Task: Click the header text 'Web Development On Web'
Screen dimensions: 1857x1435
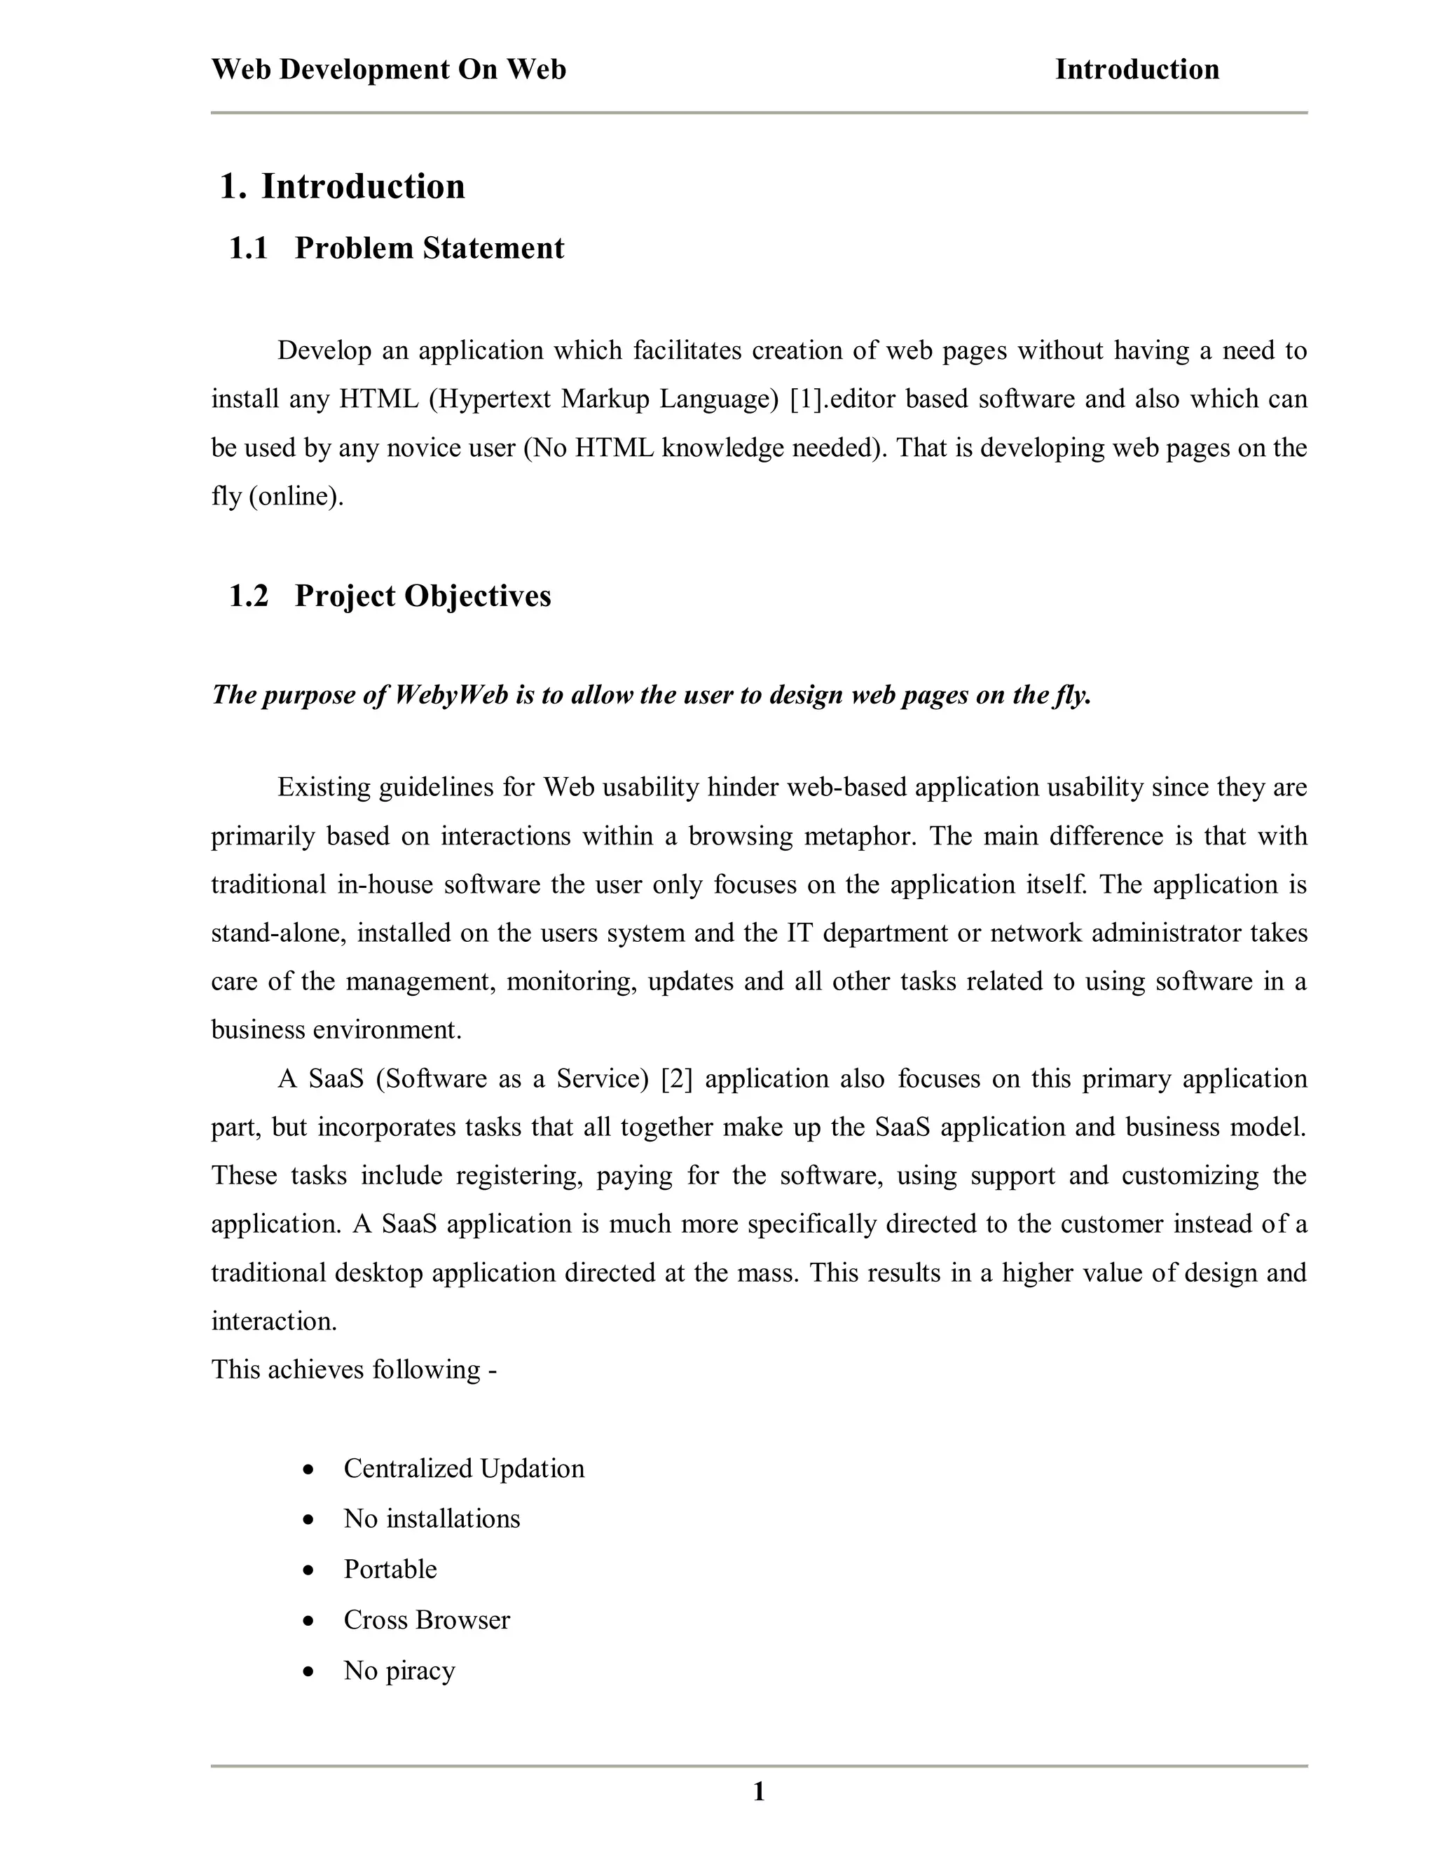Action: click(388, 69)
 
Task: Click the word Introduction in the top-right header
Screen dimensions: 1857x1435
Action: click(1137, 69)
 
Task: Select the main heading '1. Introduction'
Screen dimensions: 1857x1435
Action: click(342, 186)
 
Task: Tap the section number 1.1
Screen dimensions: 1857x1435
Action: click(248, 248)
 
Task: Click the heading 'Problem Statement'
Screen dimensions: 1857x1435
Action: click(430, 248)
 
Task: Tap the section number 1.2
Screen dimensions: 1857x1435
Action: click(248, 596)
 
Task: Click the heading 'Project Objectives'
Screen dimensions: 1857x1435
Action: click(423, 596)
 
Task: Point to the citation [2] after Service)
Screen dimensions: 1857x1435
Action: click(677, 1078)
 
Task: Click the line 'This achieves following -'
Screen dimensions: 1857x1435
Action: click(354, 1369)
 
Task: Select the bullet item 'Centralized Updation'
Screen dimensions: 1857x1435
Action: click(464, 1468)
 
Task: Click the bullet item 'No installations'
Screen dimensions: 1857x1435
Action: click(432, 1519)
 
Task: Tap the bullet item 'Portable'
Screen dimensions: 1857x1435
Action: click(390, 1569)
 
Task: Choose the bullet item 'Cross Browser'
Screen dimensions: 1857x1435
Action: click(427, 1619)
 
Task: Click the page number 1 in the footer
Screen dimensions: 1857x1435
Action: click(759, 1792)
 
